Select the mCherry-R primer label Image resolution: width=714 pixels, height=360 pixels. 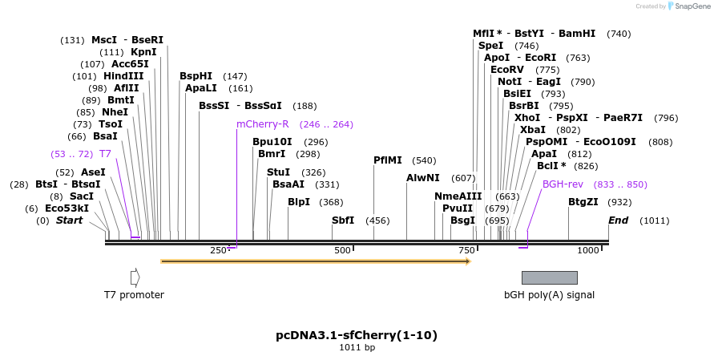point(262,124)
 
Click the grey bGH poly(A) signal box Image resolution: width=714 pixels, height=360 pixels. point(549,277)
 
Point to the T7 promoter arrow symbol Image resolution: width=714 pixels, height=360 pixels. point(135,277)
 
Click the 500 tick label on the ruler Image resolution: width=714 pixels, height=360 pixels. point(343,251)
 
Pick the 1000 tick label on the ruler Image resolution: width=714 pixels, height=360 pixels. point(588,251)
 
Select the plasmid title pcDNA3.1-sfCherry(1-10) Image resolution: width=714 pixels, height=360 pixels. point(357,335)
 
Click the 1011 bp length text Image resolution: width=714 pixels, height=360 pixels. point(357,348)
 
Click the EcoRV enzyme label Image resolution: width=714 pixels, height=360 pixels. point(507,70)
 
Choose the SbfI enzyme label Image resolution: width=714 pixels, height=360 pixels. point(343,220)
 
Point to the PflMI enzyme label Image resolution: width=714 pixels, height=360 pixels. point(388,160)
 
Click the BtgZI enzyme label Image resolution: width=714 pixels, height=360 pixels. point(583,202)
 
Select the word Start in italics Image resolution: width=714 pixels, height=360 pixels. point(69,220)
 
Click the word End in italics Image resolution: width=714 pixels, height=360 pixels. point(618,220)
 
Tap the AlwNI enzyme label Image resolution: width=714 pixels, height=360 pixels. point(422,178)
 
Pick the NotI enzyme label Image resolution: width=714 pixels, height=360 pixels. point(510,82)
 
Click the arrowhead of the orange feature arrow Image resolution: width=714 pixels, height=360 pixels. point(467,261)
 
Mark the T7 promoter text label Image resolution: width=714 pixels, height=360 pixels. point(134,295)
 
